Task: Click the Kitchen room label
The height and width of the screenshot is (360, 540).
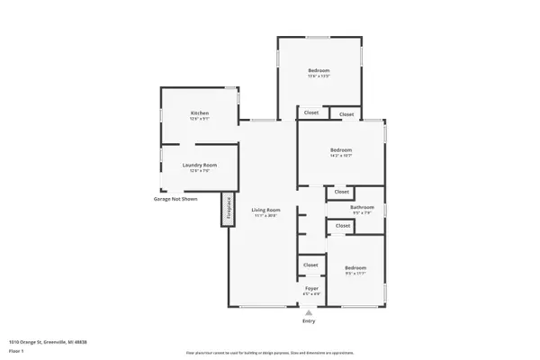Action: click(199, 112)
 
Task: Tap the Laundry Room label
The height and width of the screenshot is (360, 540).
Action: click(199, 165)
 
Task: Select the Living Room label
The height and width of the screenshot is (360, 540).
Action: click(265, 210)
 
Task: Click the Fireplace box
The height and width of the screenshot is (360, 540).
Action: click(229, 210)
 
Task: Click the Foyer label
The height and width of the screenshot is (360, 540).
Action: click(310, 288)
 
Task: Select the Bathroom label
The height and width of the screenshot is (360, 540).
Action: click(362, 208)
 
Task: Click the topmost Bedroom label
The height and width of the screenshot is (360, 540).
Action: click(319, 70)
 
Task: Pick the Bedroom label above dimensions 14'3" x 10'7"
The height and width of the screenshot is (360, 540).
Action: click(340, 149)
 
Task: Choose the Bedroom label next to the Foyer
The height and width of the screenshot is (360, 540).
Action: click(355, 267)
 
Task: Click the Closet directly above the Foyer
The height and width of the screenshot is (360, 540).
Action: click(310, 265)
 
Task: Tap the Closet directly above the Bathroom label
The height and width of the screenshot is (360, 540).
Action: click(342, 192)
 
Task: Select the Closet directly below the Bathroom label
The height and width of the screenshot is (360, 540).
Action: click(342, 225)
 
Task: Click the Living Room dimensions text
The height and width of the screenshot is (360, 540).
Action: click(265, 216)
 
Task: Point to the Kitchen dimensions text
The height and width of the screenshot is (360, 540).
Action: click(199, 119)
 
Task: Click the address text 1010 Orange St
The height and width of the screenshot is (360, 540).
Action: click(49, 342)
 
